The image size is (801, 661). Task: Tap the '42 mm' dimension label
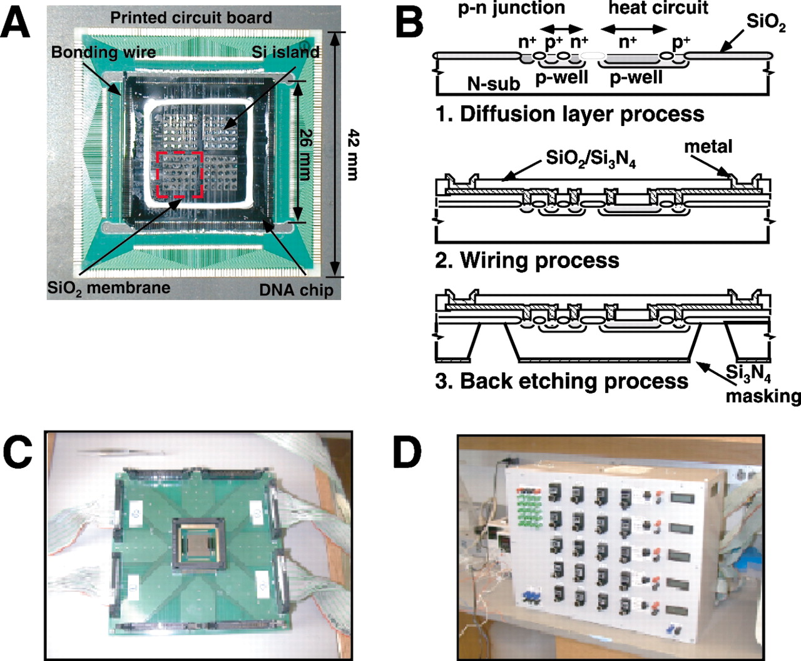pyautogui.click(x=352, y=154)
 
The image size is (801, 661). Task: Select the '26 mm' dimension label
pyautogui.click(x=305, y=154)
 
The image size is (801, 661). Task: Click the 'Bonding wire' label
pyautogui.click(x=104, y=53)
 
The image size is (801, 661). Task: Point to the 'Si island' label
pyautogui.click(x=285, y=52)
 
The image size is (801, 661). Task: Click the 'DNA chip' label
pyautogui.click(x=296, y=290)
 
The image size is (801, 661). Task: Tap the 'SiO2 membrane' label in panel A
pyautogui.click(x=109, y=288)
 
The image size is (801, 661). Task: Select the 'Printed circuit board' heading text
pyautogui.click(x=191, y=18)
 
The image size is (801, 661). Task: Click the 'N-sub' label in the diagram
pyautogui.click(x=494, y=83)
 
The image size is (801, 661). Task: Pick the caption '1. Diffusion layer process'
pyautogui.click(x=569, y=114)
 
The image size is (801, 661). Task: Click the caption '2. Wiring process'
pyautogui.click(x=527, y=261)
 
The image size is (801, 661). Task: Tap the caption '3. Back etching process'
pyautogui.click(x=561, y=381)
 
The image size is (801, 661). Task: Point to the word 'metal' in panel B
pyautogui.click(x=708, y=147)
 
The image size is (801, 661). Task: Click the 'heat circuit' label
pyautogui.click(x=658, y=8)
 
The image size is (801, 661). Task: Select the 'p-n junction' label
pyautogui.click(x=511, y=8)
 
